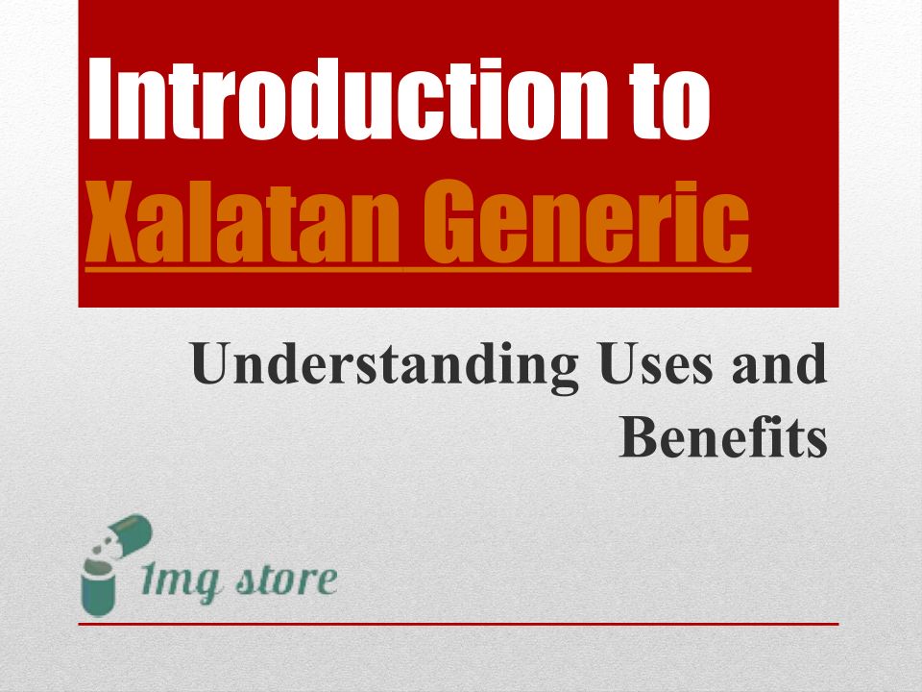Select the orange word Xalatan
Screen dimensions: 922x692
pos(243,222)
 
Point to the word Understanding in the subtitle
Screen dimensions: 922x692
pos(384,366)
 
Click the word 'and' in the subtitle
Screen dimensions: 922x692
pos(779,363)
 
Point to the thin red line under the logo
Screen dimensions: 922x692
pos(458,624)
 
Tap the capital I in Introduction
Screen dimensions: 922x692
pos(100,98)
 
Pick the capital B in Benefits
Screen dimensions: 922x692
pos(638,436)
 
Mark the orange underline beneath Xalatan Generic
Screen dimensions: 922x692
pos(418,269)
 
